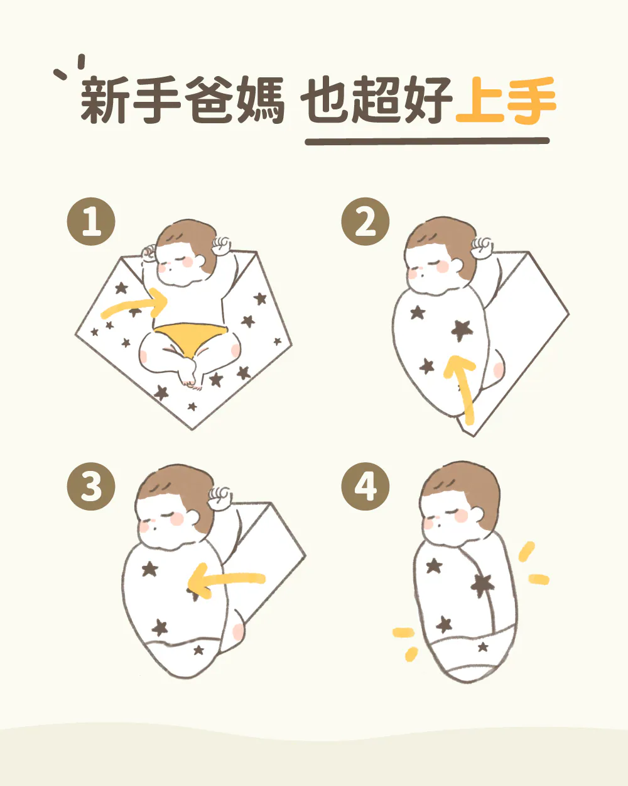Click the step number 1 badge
coord(91,221)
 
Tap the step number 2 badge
coord(365,221)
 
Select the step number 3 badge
coord(91,486)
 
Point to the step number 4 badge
coord(365,486)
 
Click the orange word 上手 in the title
coord(506,100)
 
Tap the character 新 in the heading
coord(104,100)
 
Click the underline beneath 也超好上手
coord(427,141)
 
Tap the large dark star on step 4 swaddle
coord(482,586)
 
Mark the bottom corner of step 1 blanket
coord(192,429)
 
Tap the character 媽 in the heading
coord(261,100)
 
